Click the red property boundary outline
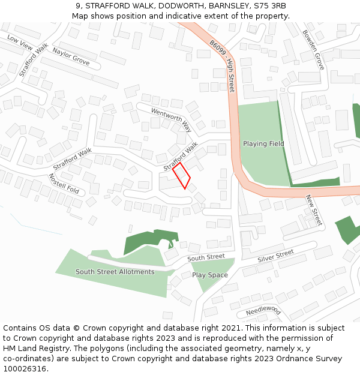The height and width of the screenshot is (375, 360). click(181, 176)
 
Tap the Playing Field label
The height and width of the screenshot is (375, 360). click(263, 144)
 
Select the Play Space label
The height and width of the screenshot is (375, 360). click(210, 275)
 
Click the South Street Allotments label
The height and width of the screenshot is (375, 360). click(115, 272)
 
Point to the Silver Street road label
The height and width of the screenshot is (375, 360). click(275, 256)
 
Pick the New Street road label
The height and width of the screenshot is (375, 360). click(314, 210)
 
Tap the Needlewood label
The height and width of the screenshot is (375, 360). click(263, 311)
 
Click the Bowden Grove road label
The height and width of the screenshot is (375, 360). click(313, 50)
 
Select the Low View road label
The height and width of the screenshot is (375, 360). click(19, 42)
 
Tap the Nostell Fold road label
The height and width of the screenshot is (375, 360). click(64, 184)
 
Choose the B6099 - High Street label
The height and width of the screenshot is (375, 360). click(223, 66)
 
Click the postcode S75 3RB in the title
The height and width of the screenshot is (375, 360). click(270, 6)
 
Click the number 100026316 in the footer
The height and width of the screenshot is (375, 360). click(24, 369)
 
